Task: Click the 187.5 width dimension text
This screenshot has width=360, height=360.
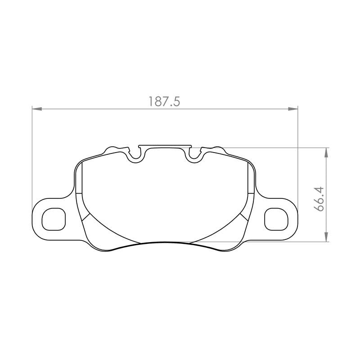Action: (x=164, y=102)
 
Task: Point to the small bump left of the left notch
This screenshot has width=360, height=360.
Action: (x=112, y=148)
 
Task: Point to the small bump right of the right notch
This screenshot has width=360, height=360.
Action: (x=218, y=148)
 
